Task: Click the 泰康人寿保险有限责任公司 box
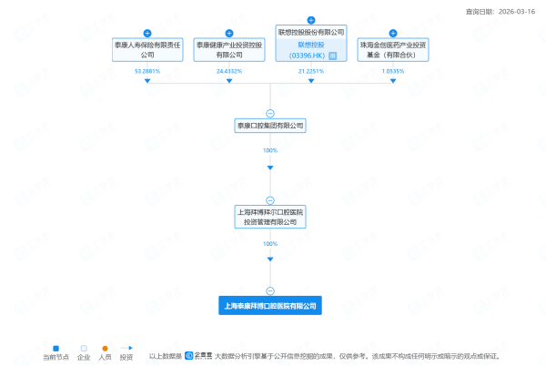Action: [147, 48]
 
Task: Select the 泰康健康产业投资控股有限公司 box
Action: [229, 48]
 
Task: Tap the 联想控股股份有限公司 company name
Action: [311, 31]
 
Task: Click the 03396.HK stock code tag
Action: [311, 55]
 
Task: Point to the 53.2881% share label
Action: [147, 70]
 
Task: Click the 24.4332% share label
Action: [229, 70]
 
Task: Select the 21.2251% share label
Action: [311, 70]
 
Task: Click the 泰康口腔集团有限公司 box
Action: [270, 126]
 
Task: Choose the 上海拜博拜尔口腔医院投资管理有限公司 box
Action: [270, 217]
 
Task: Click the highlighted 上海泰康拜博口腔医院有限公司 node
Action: [270, 306]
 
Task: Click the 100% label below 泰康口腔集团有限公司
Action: [270, 149]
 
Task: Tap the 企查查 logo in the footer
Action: [197, 356]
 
